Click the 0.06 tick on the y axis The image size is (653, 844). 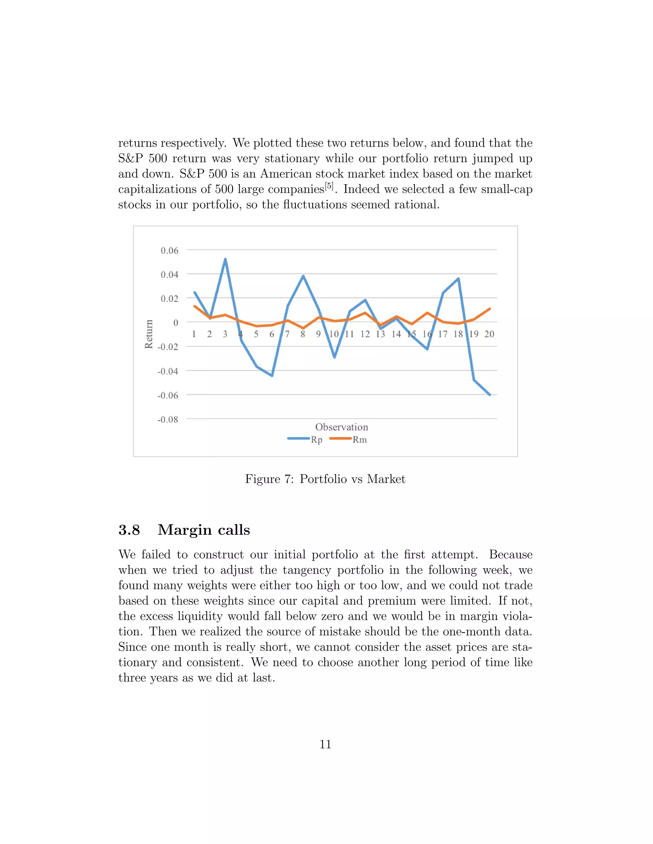[x=169, y=250]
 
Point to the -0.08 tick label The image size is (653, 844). [x=168, y=419]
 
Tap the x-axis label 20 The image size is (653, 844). [x=489, y=334]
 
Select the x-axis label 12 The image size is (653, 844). [x=365, y=334]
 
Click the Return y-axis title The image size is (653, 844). [x=149, y=334]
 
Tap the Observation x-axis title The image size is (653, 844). [x=341, y=427]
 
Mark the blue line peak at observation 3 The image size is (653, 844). [x=225, y=259]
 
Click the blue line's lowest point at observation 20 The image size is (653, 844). [x=490, y=395]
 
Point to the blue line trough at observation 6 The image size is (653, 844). [x=272, y=375]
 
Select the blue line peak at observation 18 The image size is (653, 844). [x=459, y=279]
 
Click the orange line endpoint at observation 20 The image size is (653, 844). [x=490, y=309]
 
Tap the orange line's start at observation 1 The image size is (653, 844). [x=194, y=306]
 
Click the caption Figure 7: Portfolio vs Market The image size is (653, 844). [x=325, y=479]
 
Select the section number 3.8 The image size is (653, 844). [x=129, y=530]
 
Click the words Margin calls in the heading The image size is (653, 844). [x=204, y=530]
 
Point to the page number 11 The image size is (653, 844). [x=325, y=744]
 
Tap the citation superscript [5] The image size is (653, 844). [x=329, y=186]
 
